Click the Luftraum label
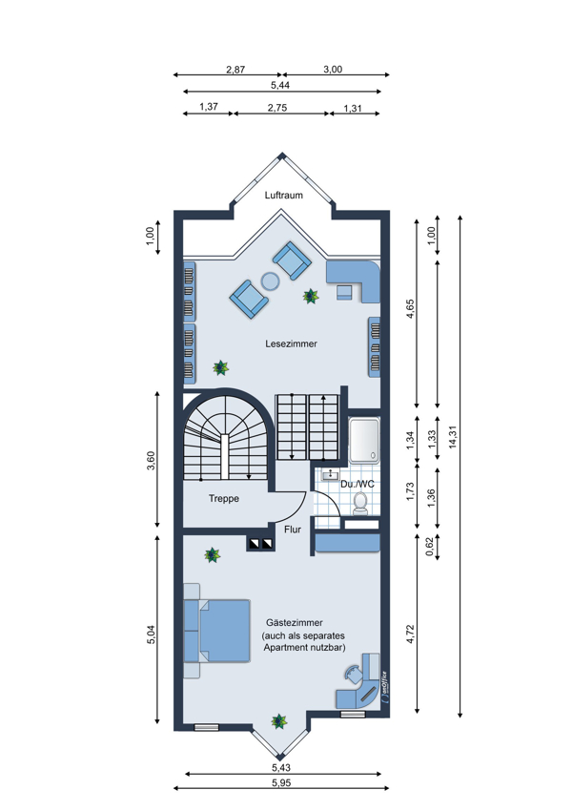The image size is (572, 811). [284, 195]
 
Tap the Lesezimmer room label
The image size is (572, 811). [291, 343]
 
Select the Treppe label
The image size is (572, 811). [224, 499]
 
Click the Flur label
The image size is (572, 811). [293, 530]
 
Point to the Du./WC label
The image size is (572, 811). [357, 484]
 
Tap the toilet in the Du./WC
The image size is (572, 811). [360, 503]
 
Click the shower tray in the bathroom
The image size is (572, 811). [364, 440]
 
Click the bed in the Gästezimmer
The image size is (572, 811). [217, 631]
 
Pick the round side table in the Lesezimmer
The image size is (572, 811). [270, 281]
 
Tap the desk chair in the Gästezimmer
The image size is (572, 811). [354, 674]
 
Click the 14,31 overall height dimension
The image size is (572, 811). [453, 436]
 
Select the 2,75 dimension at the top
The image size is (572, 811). [277, 108]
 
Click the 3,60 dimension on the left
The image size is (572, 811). [151, 460]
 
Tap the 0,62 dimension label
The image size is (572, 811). [429, 547]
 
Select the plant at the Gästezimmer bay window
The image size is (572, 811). [279, 721]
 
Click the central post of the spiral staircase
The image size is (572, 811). [224, 457]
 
